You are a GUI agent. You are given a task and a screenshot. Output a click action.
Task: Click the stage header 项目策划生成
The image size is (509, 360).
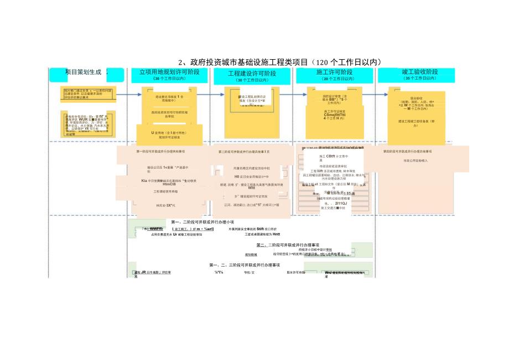84,72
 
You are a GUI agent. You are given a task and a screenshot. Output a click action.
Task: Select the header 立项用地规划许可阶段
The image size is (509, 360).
169,72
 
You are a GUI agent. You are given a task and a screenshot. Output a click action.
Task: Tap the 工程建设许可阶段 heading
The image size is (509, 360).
252,73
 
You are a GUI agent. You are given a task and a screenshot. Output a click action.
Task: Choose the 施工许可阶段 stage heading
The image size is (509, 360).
334,72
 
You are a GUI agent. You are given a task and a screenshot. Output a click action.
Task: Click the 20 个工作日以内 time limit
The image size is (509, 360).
334,79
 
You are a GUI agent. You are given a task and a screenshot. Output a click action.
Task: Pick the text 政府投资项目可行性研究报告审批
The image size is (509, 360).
169,114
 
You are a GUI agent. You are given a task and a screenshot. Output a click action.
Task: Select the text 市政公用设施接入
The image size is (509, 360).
415,161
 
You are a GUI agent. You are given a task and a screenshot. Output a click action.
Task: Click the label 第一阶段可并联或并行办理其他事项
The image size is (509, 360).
160,151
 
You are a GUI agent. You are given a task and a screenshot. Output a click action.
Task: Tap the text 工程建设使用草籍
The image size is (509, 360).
165,191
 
